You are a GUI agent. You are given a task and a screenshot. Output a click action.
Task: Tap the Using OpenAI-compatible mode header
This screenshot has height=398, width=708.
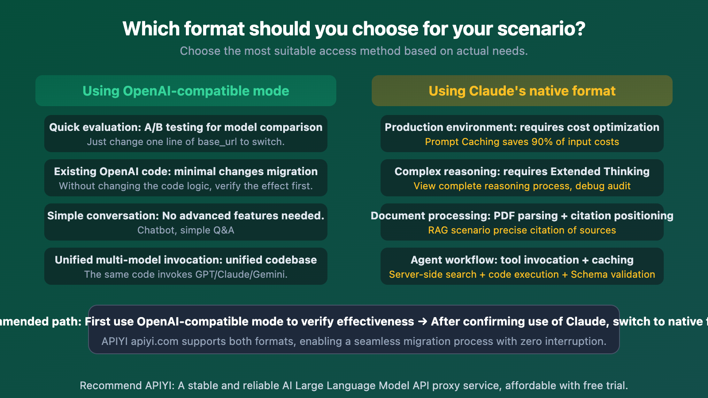tap(186, 91)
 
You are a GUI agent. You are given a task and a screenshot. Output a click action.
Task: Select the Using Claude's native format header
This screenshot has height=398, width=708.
tap(522, 91)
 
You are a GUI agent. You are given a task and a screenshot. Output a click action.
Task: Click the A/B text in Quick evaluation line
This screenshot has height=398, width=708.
tap(153, 127)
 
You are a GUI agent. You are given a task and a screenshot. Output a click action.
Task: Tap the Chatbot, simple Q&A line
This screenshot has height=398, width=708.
tap(186, 230)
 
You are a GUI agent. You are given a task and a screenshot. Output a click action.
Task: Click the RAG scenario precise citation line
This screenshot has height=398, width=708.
tap(522, 230)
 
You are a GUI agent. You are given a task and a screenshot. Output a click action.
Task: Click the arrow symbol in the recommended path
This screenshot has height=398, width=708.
tap(423, 321)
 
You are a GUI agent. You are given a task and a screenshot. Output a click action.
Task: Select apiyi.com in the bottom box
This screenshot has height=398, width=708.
tap(155, 341)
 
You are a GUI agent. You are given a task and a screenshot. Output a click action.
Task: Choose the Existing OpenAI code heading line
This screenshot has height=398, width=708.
tap(186, 172)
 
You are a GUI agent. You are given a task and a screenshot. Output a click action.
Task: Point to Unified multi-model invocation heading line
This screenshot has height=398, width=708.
tap(186, 260)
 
